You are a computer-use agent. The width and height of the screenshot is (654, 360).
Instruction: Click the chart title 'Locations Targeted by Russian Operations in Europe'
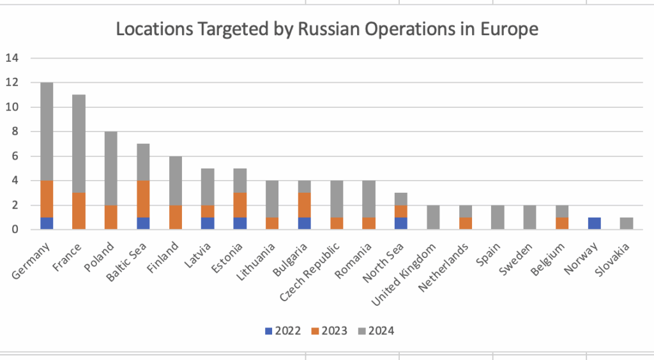tap(326, 29)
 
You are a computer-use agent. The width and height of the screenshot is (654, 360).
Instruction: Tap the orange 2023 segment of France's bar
tap(79, 211)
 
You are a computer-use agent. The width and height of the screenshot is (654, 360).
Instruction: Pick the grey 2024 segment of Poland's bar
tap(112, 168)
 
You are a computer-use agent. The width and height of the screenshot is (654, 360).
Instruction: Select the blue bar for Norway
tap(594, 223)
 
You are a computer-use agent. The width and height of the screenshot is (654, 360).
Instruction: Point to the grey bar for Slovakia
tap(627, 223)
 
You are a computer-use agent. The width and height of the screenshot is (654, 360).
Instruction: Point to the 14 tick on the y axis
tap(13, 58)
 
